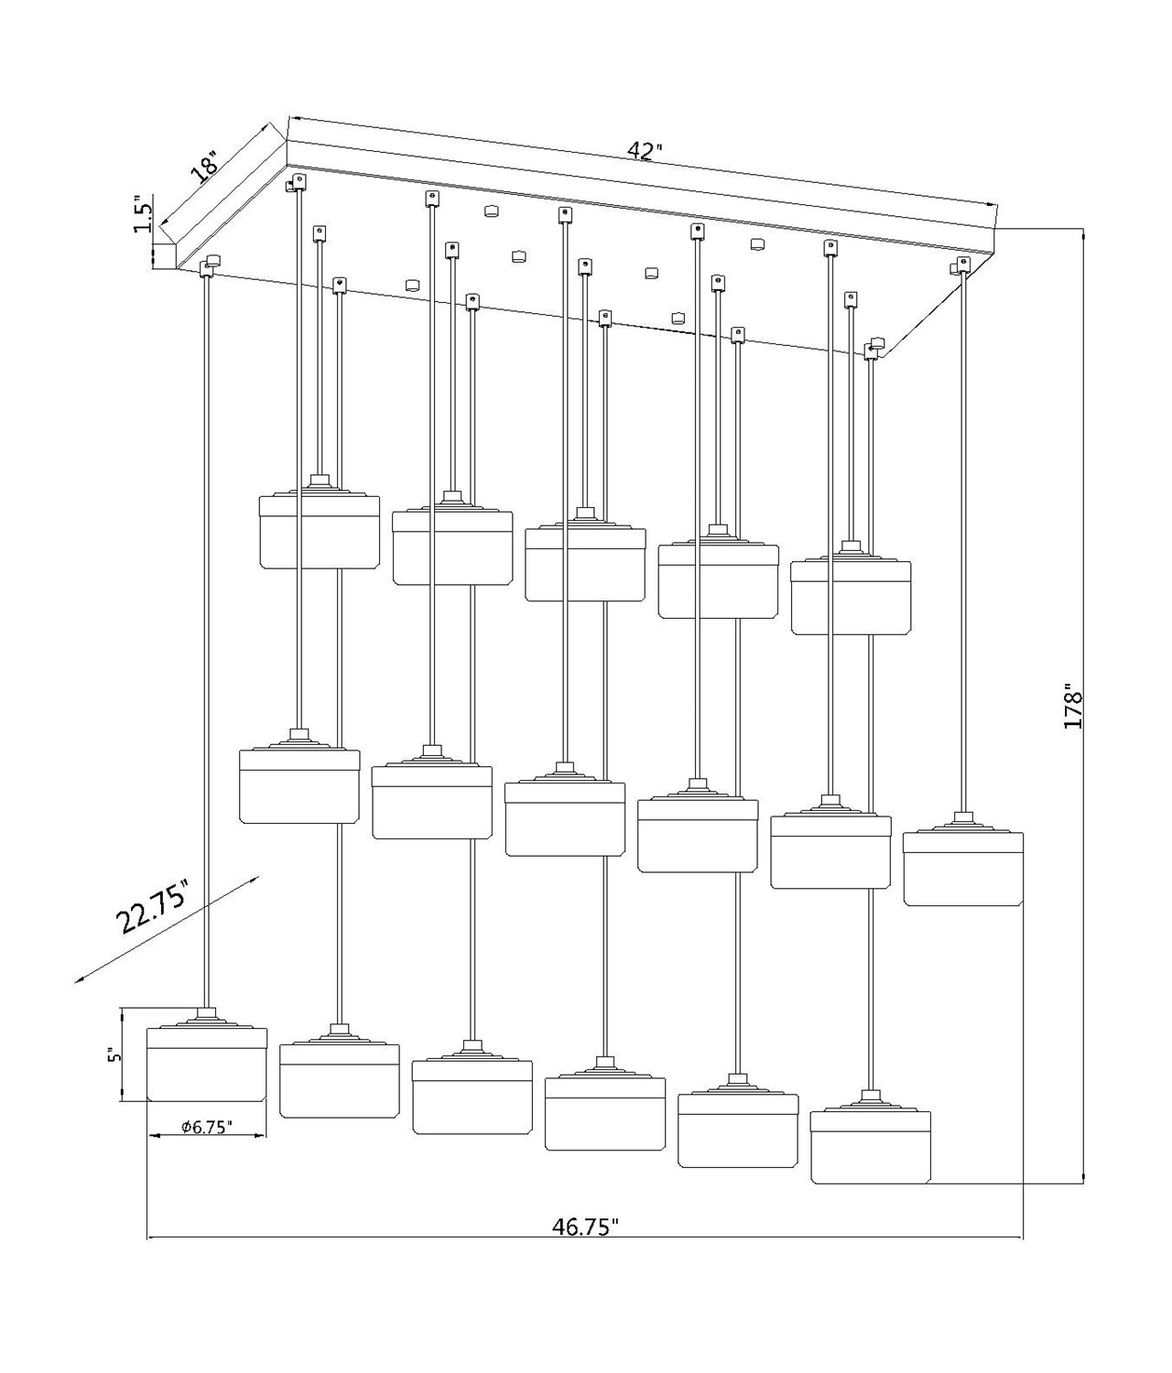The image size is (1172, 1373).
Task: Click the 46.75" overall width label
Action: coord(586,1227)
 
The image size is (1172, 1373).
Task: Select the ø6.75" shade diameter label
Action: coord(207,1128)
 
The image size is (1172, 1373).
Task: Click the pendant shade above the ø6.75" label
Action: coord(207,1066)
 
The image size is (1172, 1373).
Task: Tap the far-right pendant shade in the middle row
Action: coord(962,869)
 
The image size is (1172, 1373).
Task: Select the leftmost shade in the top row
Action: coord(320,532)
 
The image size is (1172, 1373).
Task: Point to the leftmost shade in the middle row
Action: coord(298,786)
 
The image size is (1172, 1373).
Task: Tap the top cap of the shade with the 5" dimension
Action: coord(207,1016)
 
